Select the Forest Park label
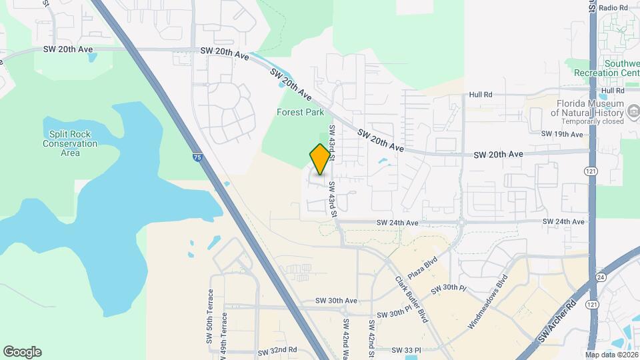pyautogui.click(x=301, y=113)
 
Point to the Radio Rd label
pyautogui.click(x=614, y=7)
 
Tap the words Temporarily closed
pyautogui.click(x=592, y=122)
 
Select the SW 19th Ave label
pyautogui.click(x=562, y=134)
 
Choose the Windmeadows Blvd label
pyautogui.click(x=487, y=302)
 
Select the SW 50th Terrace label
pyautogui.click(x=211, y=316)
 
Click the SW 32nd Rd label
pyautogui.click(x=277, y=350)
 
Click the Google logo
pyautogui.click(x=22, y=352)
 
